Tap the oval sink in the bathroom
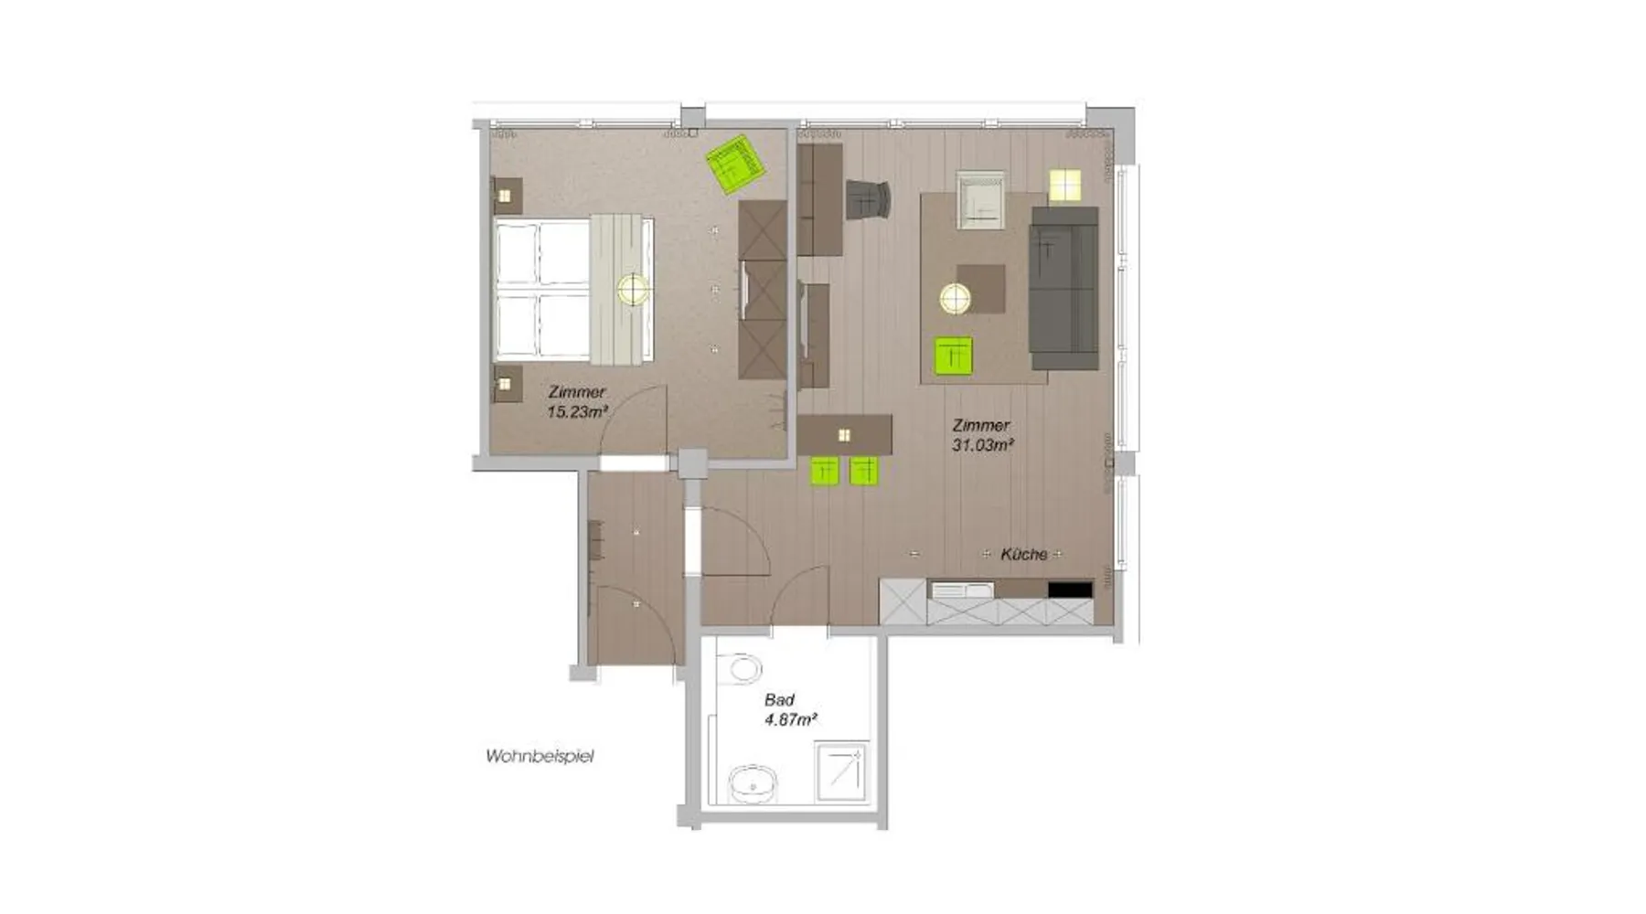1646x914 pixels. tap(753, 784)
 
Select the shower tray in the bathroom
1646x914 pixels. tap(840, 773)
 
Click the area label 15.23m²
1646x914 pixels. tap(577, 412)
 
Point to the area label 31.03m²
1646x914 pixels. tap(983, 445)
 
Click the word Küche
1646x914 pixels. tap(1023, 554)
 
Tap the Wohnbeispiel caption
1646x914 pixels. tap(540, 757)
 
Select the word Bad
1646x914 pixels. tap(779, 700)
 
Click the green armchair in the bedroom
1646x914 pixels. tap(735, 165)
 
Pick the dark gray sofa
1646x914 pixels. tap(1063, 287)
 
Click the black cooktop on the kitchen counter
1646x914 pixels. tap(1070, 590)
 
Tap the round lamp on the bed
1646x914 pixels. tap(633, 290)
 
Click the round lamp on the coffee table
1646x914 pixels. tap(956, 298)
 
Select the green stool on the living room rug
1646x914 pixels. tap(953, 355)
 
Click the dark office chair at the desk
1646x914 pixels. tap(868, 200)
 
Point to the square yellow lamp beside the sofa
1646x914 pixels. tap(1064, 185)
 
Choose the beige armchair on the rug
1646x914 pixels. tap(980, 199)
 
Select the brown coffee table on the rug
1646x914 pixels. tap(981, 289)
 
